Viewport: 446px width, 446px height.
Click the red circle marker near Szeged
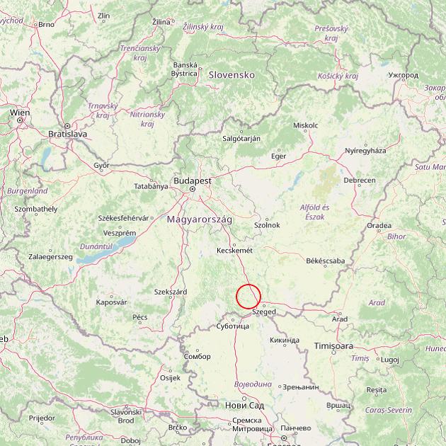click(248, 296)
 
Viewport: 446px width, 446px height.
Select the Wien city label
click(20, 112)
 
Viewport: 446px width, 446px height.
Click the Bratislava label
click(67, 133)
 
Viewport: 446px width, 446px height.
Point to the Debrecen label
click(360, 181)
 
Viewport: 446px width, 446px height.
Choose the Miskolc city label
click(305, 125)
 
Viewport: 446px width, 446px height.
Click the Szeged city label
click(264, 311)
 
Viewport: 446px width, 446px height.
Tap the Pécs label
click(140, 316)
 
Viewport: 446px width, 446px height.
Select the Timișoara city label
click(333, 346)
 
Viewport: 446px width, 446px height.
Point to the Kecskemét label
click(234, 250)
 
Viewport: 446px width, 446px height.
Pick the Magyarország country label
click(200, 220)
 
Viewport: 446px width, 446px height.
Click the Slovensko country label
click(231, 74)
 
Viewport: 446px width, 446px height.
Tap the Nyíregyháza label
click(365, 151)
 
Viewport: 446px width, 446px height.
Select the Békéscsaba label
click(325, 261)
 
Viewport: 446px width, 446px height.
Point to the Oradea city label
click(379, 226)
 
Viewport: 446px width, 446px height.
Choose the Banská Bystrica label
click(185, 69)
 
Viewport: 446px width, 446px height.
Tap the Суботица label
click(232, 326)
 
